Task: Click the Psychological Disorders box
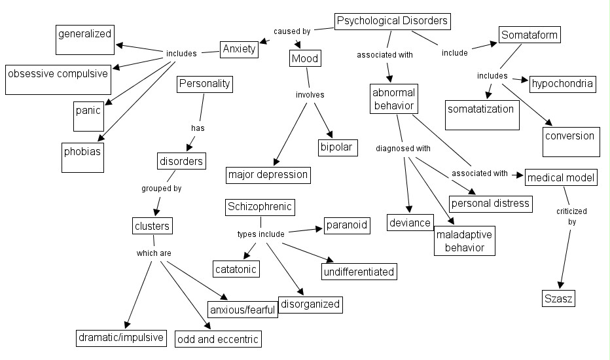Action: tap(393, 22)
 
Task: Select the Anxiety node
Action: tap(239, 50)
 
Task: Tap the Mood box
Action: tap(304, 59)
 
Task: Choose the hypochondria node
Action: tap(562, 84)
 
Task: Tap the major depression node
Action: tap(268, 175)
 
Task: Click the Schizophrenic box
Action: tap(259, 207)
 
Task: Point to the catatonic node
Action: tap(236, 268)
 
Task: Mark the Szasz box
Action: tap(559, 300)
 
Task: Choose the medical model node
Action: tap(561, 177)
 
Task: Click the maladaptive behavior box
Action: tap(464, 241)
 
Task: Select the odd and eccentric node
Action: tap(218, 339)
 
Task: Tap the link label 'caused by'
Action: tap(291, 30)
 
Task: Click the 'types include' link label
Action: tap(260, 234)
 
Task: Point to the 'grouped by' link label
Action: tap(161, 189)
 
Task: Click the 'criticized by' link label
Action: tap(571, 216)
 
